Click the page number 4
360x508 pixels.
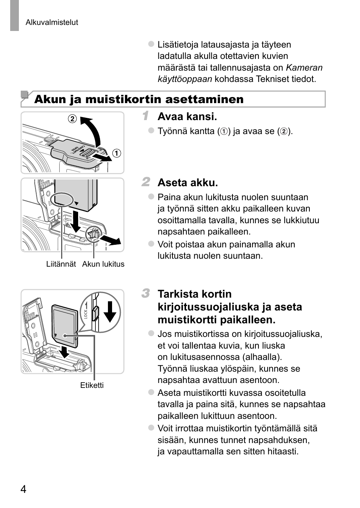coord(23,489)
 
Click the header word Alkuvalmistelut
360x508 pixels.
coord(52,22)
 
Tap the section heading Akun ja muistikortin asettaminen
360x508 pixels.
coord(139,99)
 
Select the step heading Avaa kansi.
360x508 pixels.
coord(187,117)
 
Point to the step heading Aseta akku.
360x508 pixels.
coord(188,183)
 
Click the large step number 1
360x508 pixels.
coord(146,116)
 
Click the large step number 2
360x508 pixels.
coord(146,182)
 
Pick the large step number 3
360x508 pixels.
coord(146,293)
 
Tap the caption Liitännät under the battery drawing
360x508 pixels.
coord(61,264)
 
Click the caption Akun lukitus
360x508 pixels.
coord(103,264)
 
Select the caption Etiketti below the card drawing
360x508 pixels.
coord(92,385)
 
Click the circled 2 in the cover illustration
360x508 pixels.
coord(72,119)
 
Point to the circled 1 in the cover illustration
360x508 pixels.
coord(117,153)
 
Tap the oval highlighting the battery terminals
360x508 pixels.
coord(61,199)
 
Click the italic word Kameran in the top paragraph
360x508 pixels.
coord(304,68)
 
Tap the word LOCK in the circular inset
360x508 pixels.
coord(86,314)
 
